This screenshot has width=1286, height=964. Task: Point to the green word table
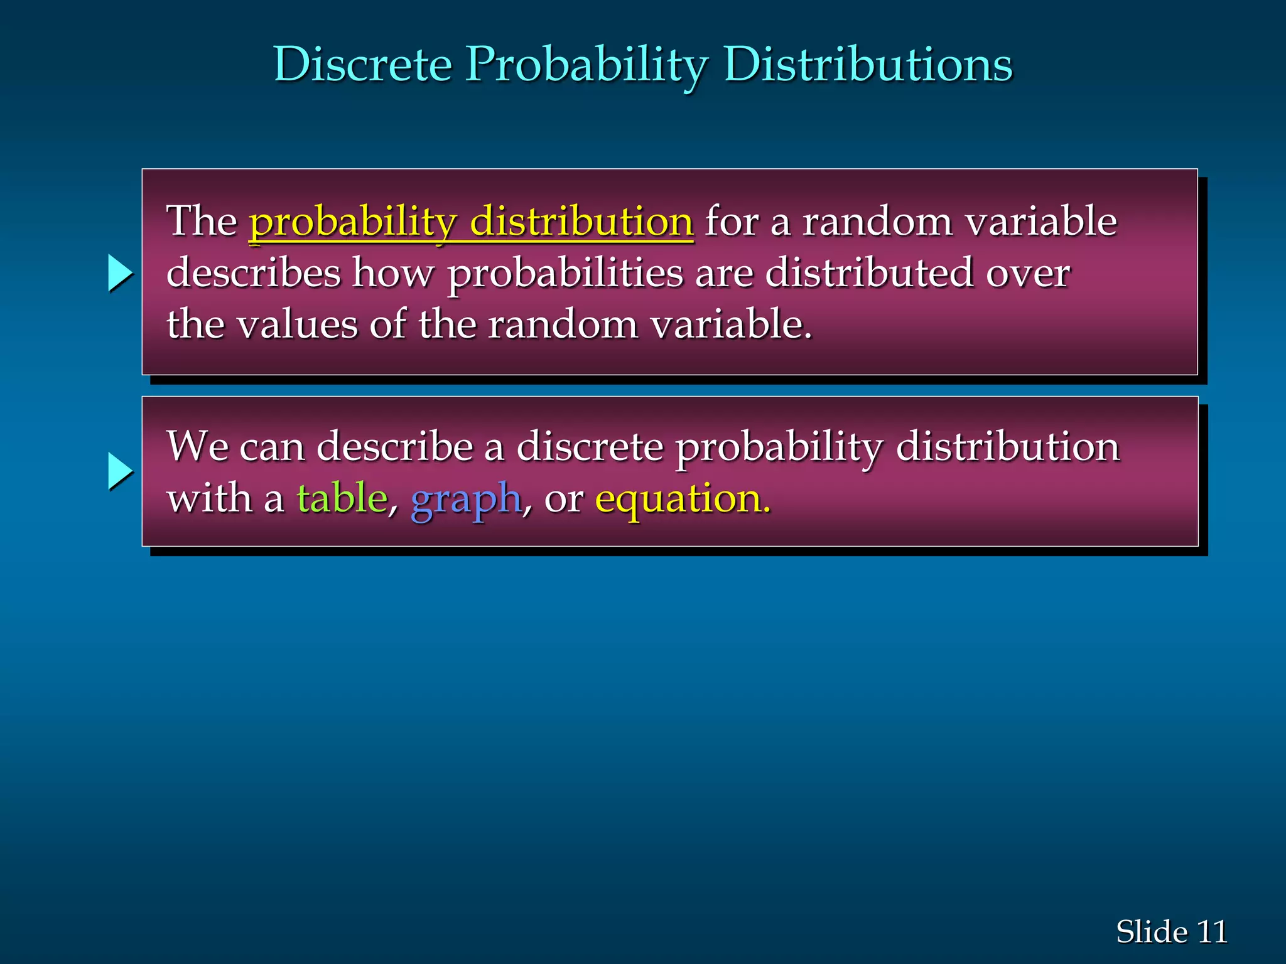(x=342, y=498)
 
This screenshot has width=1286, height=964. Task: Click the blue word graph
(x=465, y=500)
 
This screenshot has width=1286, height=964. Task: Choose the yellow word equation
(x=682, y=500)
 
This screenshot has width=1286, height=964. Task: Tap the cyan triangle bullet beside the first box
(x=119, y=273)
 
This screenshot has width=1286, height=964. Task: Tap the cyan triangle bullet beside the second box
(x=119, y=471)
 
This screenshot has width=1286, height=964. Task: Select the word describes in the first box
(x=254, y=273)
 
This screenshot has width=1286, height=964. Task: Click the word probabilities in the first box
(x=565, y=273)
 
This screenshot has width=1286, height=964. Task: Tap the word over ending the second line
(x=1027, y=273)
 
